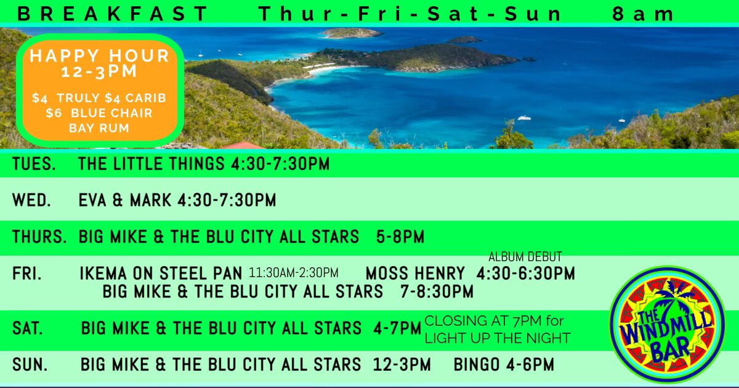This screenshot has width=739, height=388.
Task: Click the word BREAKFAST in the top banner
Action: [111, 14]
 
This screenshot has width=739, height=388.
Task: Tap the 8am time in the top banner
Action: [643, 14]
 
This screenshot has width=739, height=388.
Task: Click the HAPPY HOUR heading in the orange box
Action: [100, 55]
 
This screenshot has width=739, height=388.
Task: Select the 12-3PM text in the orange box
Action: [99, 71]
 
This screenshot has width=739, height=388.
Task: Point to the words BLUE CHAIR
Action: [111, 113]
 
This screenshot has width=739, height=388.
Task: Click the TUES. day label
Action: [34, 164]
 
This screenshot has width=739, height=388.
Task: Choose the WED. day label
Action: [31, 200]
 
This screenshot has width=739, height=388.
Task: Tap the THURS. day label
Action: [39, 236]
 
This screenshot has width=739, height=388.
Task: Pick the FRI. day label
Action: [27, 273]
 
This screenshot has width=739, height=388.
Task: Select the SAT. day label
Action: [28, 328]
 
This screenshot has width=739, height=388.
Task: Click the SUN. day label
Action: [30, 365]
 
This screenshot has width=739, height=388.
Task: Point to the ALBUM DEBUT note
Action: [525, 257]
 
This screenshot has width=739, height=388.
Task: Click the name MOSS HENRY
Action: [415, 273]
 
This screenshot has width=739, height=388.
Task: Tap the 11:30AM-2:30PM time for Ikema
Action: [294, 273]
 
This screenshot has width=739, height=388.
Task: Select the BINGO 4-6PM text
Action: [504, 365]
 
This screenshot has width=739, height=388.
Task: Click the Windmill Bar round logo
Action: [667, 325]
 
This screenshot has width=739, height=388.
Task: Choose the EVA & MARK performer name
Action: [125, 200]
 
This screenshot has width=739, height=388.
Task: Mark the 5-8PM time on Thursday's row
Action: [400, 236]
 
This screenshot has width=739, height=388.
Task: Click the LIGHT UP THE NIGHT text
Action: [497, 338]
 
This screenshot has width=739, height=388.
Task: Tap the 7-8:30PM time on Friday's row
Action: [437, 292]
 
